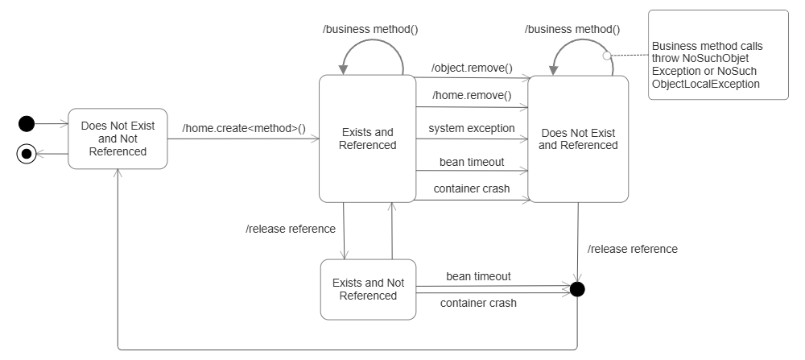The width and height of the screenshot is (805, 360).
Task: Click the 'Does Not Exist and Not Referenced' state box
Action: [x=118, y=139]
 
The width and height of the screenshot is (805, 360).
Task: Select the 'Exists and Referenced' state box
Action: [x=367, y=139]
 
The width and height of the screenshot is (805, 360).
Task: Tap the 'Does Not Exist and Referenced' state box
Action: [x=577, y=139]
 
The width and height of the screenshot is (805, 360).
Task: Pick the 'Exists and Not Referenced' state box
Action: [x=368, y=289]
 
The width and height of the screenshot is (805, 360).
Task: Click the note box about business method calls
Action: [x=718, y=55]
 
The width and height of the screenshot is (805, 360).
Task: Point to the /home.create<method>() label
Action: [x=250, y=128]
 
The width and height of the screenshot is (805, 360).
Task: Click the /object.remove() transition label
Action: [x=471, y=68]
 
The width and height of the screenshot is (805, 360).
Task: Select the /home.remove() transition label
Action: [x=471, y=95]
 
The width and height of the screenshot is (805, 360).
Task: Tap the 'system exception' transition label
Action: [x=471, y=128]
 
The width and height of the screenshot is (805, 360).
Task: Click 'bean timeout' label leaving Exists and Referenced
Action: [x=471, y=162]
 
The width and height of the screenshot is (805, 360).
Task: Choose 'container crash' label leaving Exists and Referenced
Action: [x=471, y=188]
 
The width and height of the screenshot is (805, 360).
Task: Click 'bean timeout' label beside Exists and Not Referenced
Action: [x=478, y=276]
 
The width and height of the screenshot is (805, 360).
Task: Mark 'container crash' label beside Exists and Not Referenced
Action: [x=478, y=303]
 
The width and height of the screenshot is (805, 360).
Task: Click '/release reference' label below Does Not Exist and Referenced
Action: [x=632, y=249]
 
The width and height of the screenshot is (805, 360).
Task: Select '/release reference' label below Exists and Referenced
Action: [x=290, y=229]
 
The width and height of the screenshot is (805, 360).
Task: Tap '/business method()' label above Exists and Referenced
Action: [x=370, y=29]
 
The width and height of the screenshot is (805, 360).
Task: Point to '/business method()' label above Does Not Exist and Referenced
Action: [x=572, y=29]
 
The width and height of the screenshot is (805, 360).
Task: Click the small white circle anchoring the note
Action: [x=608, y=56]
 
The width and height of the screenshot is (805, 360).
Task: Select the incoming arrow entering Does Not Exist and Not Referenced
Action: [x=51, y=125]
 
